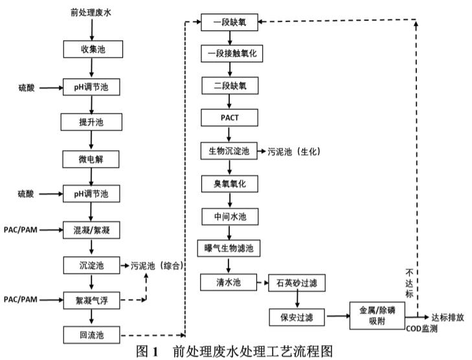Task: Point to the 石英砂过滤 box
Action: pos(296,282)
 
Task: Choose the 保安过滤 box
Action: pos(296,317)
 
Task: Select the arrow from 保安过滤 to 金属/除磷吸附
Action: pos(336,317)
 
